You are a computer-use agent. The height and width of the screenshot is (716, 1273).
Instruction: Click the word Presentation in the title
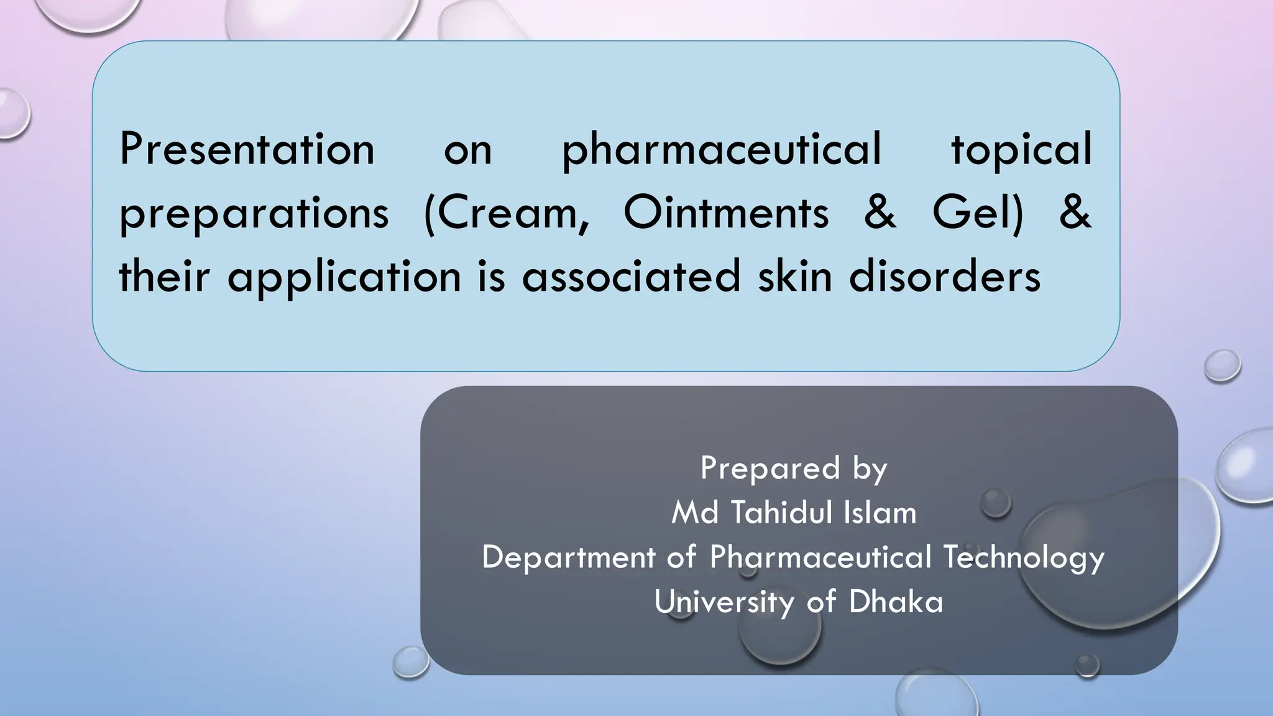(247, 149)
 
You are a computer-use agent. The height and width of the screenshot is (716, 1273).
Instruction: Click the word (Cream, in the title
(506, 213)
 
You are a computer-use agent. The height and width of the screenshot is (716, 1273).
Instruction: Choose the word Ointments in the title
(726, 213)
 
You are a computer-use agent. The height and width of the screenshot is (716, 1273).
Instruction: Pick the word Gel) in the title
(977, 213)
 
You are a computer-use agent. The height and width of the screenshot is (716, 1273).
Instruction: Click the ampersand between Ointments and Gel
(880, 213)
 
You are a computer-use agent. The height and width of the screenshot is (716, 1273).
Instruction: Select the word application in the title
(344, 277)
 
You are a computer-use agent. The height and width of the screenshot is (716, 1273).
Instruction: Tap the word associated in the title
(632, 276)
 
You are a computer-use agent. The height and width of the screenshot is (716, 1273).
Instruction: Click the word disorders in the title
(945, 276)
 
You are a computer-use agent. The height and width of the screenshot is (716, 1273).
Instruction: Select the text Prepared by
(794, 469)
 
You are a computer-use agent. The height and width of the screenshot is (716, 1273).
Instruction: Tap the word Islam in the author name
(880, 513)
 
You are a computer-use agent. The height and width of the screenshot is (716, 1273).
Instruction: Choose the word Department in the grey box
(568, 558)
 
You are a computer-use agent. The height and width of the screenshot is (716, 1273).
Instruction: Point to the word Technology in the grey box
(1024, 558)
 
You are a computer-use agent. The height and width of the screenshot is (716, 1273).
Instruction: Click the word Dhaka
(896, 602)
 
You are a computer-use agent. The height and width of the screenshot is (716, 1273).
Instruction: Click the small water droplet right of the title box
(1222, 365)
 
